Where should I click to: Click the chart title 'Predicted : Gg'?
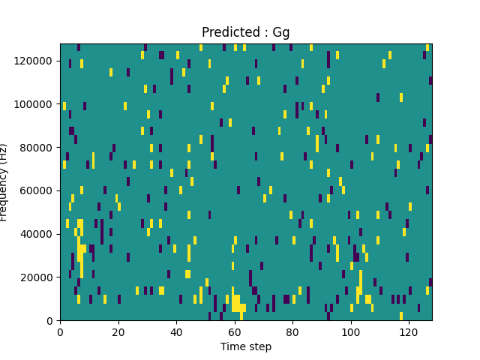click(246, 32)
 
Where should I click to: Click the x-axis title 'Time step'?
click(246, 346)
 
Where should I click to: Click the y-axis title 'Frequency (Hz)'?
click(5, 182)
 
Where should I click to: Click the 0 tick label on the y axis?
click(51, 320)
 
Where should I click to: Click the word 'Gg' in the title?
click(280, 32)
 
